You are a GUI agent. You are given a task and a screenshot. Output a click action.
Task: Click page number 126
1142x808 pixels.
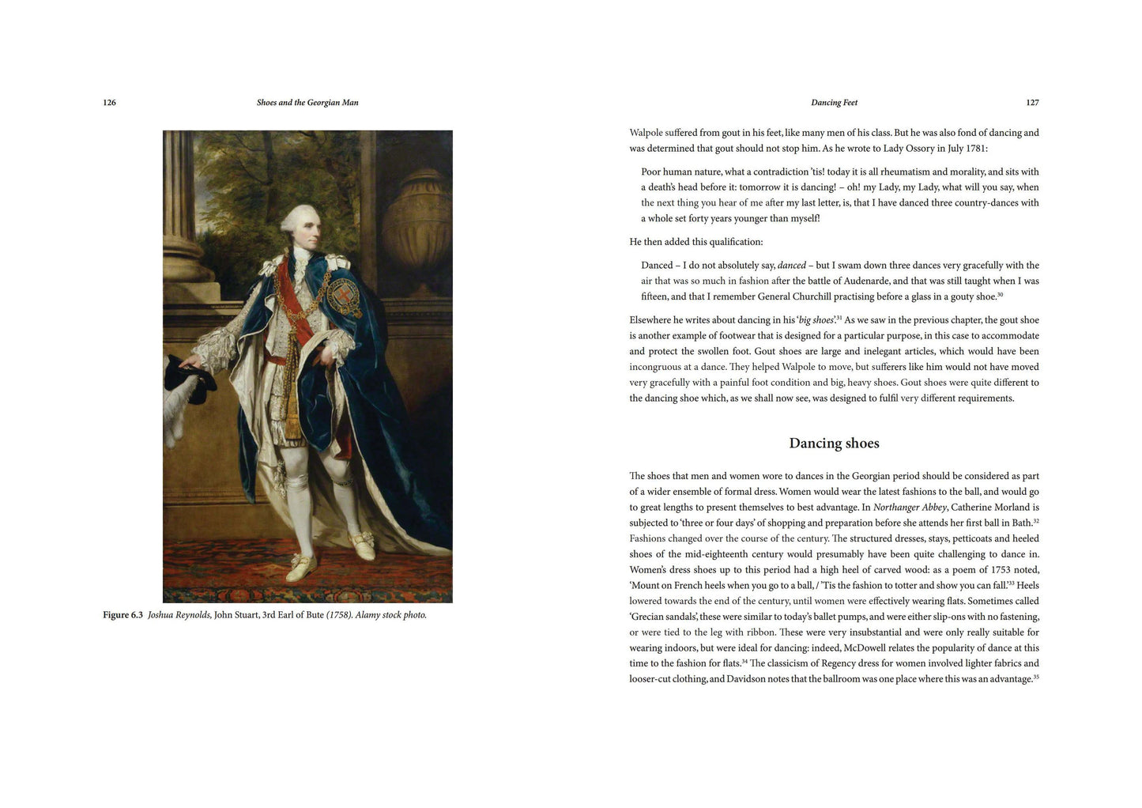tap(110, 103)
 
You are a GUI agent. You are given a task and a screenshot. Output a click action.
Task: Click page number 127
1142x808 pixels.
tap(1032, 103)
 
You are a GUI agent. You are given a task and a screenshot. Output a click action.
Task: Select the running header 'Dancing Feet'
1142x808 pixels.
tap(834, 103)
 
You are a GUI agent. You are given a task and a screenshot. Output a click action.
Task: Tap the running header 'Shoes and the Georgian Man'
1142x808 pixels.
tap(307, 103)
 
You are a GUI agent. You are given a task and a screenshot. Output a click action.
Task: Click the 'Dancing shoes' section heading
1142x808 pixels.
tap(834, 444)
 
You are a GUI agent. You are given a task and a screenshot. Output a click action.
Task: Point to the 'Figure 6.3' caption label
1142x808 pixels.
tap(123, 615)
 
